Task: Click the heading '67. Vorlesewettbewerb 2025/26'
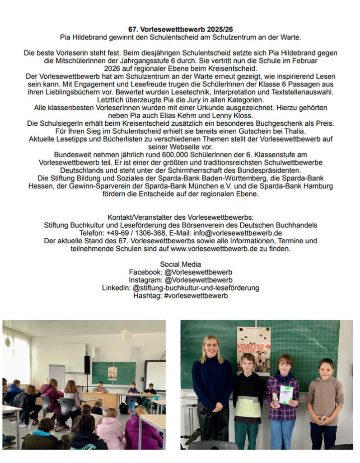(180, 29)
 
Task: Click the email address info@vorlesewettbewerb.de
(238, 233)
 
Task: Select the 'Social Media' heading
(180, 264)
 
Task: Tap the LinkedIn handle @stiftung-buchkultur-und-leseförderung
(196, 288)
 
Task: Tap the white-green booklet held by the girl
(286, 394)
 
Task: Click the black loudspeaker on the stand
(87, 365)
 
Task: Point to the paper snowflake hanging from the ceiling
(125, 335)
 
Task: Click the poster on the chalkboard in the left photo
(112, 373)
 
